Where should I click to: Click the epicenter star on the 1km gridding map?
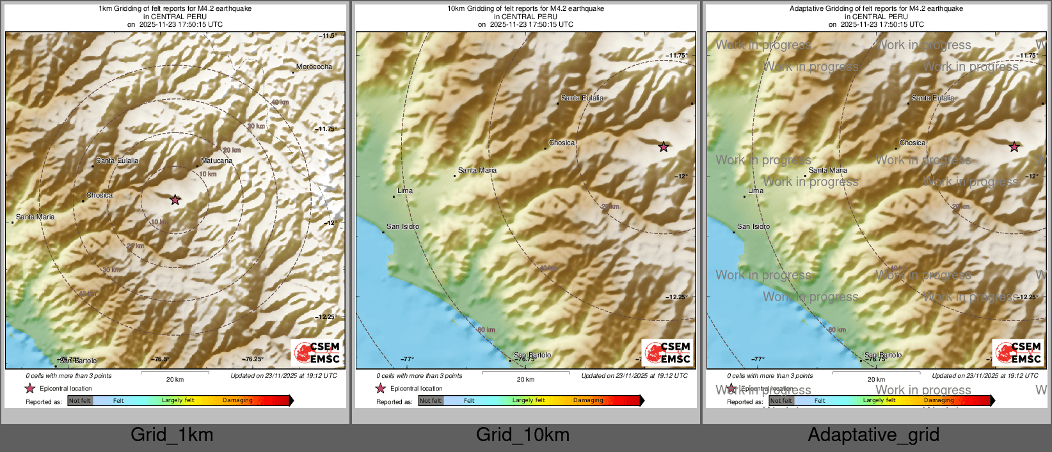tap(175, 200)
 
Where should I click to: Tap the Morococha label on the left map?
tap(314, 67)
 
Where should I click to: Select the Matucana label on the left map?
tap(216, 161)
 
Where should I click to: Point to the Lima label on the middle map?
tap(405, 191)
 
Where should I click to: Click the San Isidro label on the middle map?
tap(402, 227)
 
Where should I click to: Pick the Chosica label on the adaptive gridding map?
tap(913, 143)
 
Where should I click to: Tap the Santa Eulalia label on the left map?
tap(117, 161)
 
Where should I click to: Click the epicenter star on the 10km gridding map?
tap(664, 147)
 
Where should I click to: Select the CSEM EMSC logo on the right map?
tap(1019, 352)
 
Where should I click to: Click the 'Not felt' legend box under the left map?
tap(80, 401)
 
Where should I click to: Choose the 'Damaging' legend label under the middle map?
tap(588, 401)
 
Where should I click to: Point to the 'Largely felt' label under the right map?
tap(879, 401)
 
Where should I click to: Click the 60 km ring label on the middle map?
tap(487, 330)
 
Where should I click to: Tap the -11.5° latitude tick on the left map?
tap(328, 36)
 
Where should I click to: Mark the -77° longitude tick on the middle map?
tap(408, 359)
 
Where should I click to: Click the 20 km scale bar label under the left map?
tap(175, 380)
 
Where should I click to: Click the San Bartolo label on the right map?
tap(883, 355)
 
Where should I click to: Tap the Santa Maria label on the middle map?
tap(477, 171)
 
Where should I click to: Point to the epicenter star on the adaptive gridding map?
tap(1014, 147)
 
